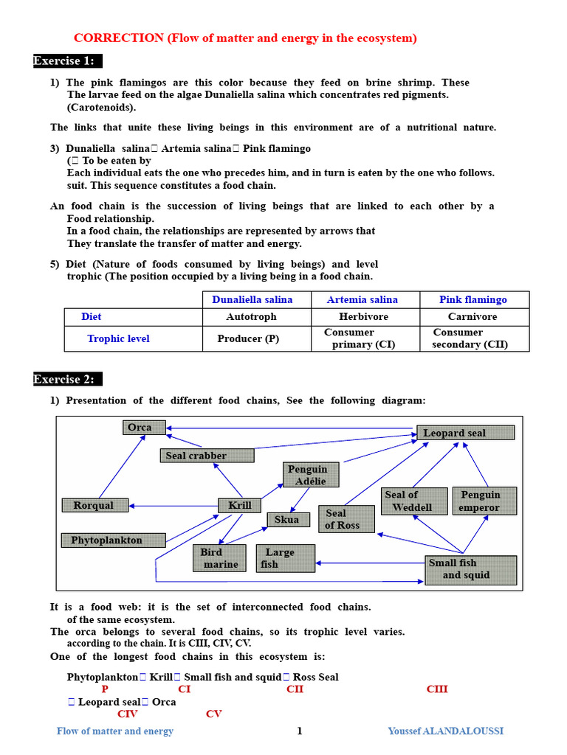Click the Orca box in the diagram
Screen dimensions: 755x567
tap(144, 428)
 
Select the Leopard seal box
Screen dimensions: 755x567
tap(466, 433)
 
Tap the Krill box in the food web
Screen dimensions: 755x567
tap(240, 505)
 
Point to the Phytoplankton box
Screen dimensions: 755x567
tap(113, 540)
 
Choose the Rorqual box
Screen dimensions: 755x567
tap(94, 505)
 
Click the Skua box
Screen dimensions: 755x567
tap(288, 520)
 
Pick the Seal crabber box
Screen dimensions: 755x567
tap(207, 456)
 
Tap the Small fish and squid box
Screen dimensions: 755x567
tap(470, 569)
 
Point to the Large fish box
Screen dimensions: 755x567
tap(285, 558)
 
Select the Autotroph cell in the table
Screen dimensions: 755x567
tap(251, 316)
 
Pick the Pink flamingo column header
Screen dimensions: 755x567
tap(473, 299)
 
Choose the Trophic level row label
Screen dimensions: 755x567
tap(118, 338)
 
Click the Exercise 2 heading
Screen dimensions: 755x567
tap(64, 379)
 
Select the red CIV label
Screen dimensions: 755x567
tap(127, 714)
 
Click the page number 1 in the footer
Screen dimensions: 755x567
tap(300, 731)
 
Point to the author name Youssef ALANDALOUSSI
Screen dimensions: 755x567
tap(445, 731)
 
